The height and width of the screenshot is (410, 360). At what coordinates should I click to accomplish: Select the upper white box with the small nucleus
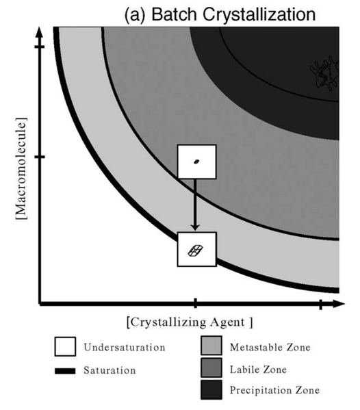coord(196,162)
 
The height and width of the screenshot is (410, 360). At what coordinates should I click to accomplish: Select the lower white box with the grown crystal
coord(196,248)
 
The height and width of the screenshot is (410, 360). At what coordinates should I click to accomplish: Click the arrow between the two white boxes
coord(196,205)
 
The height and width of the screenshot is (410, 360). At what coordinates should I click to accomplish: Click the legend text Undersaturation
coord(124,348)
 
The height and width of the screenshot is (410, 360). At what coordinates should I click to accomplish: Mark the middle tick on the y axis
coord(40,157)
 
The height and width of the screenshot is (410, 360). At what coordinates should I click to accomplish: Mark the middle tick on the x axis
coord(196,303)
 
